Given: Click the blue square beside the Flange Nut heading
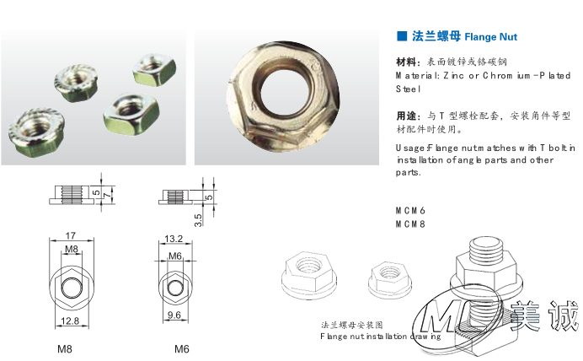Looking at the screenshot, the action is (402, 36).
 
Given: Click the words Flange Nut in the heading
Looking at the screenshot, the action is (491, 37).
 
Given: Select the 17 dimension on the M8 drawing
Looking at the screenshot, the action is (71, 236).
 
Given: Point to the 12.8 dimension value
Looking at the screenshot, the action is (70, 321).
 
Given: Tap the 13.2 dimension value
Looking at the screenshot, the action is (174, 239).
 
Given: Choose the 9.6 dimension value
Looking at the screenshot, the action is (174, 315).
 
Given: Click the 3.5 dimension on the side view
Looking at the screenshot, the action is (198, 220).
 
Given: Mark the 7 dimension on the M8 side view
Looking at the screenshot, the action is (108, 195).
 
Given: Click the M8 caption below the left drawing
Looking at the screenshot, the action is (65, 349).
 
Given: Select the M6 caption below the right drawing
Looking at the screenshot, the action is (182, 349).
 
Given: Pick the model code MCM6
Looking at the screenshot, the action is (410, 211).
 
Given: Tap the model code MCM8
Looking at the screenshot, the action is (410, 224).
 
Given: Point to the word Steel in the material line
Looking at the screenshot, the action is (408, 89).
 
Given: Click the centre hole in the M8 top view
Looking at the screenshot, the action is (71, 288).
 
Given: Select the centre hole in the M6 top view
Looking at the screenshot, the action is (174, 288).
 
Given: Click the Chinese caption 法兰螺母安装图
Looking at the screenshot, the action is (351, 325).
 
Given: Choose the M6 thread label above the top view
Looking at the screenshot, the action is (175, 256).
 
